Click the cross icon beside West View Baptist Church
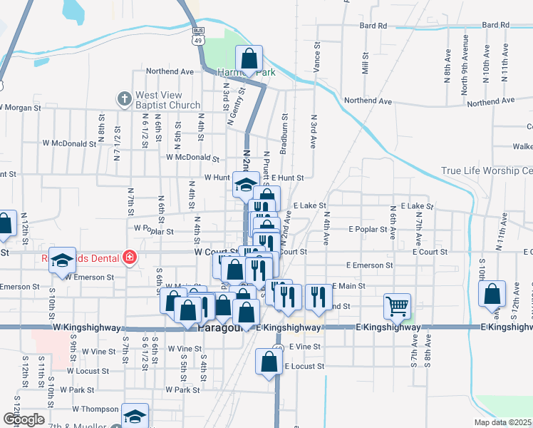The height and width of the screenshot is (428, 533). coord(124,98)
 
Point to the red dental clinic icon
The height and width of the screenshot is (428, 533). coord(129,257)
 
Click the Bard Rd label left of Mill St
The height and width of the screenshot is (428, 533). coord(373,26)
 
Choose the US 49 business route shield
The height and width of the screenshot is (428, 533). coord(197,36)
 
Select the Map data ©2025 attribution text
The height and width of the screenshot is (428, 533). coord(502,422)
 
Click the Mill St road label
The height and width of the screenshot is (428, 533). coord(365,63)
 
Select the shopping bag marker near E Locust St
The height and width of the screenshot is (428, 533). coord(269,362)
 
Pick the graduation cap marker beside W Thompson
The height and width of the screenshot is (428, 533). coord(134,415)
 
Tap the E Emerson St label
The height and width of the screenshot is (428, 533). coord(370,265)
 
